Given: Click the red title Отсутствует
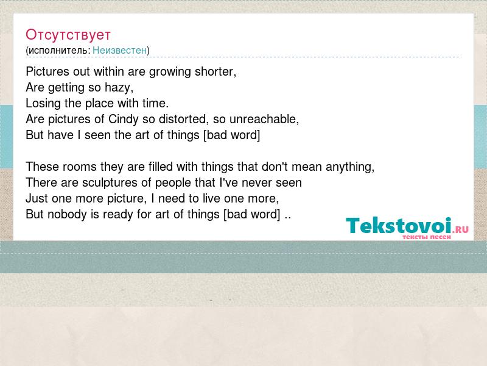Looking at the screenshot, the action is point(68,35).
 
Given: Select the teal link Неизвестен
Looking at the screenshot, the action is point(119,50).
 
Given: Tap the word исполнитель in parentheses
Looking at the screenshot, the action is point(58,51).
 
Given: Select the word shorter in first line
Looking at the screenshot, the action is point(214,71).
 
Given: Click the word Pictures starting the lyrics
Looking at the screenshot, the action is point(47,71).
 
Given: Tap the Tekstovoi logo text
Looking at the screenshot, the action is point(399,225).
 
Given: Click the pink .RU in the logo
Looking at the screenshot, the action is point(460,230).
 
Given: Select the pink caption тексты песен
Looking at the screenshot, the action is point(427,237).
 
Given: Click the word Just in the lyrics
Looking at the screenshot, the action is point(37,199).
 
